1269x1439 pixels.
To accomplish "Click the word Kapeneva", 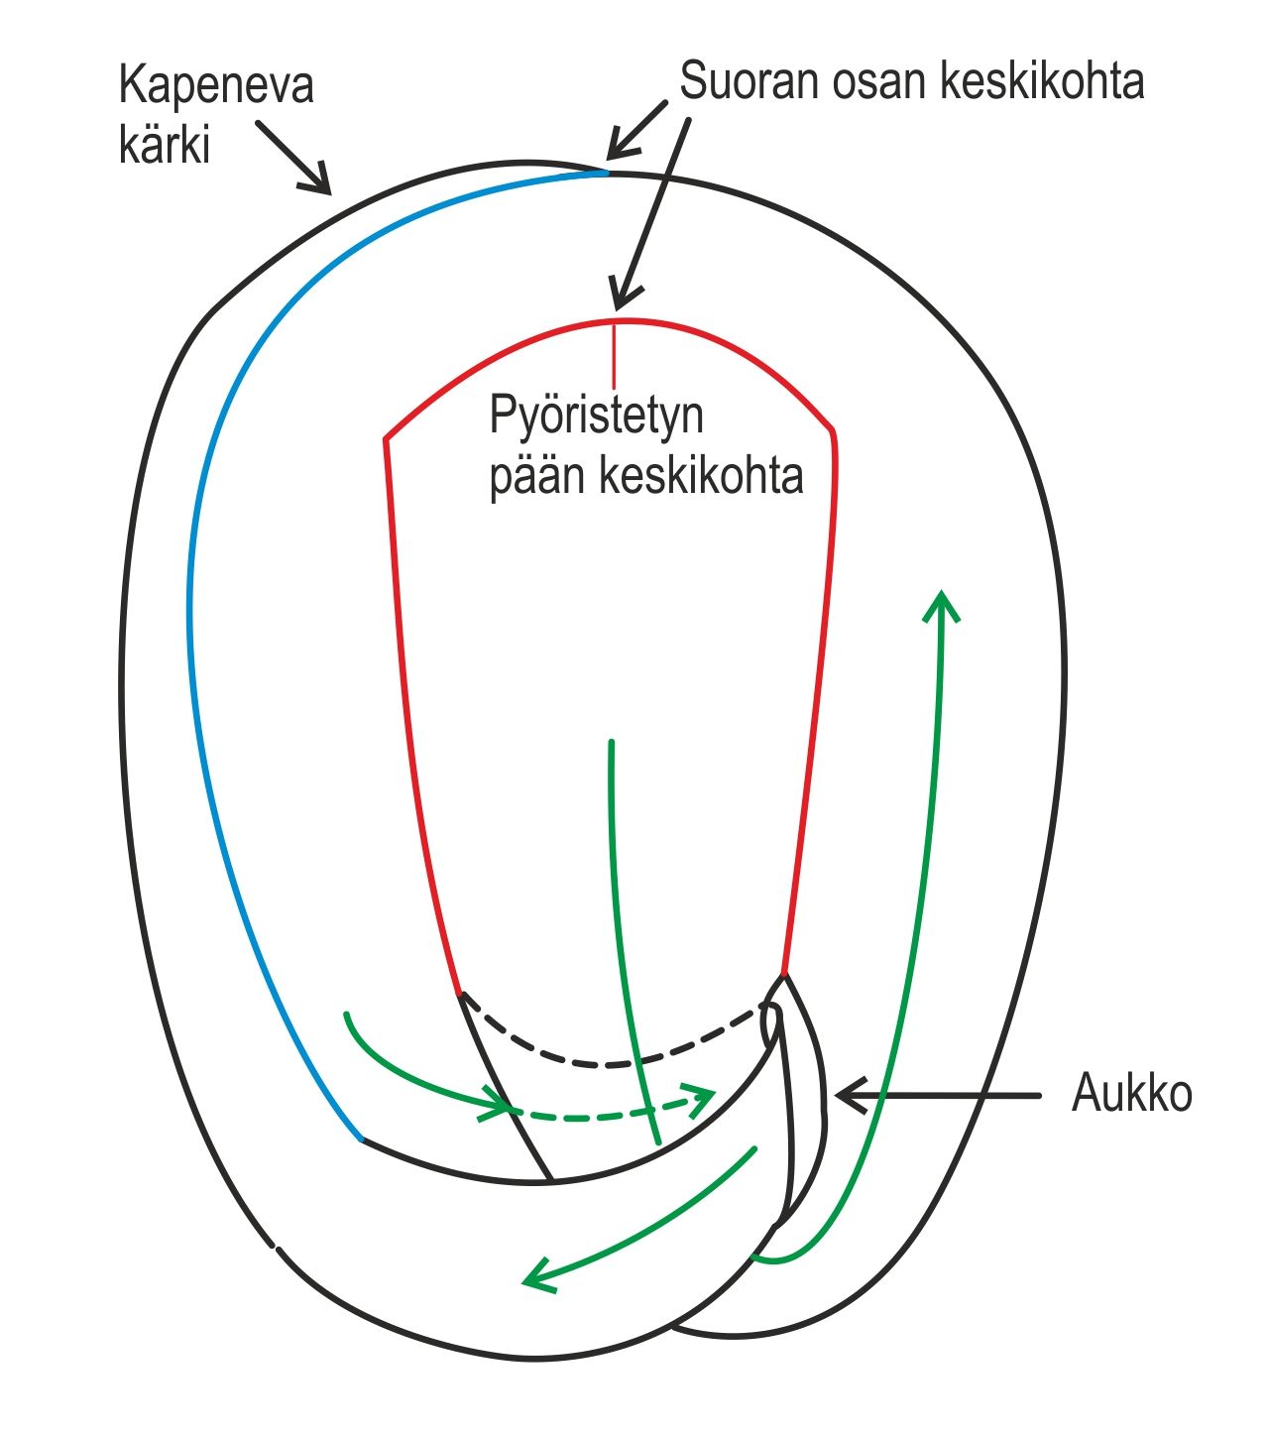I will (216, 85).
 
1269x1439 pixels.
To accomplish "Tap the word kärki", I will (165, 145).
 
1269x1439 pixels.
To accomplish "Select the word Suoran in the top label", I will (750, 81).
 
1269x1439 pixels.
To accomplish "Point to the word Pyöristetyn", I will (597, 416).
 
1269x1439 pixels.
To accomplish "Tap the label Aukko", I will (1131, 1094).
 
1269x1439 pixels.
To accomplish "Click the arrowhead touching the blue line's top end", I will (614, 152).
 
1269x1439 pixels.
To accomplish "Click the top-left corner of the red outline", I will (386, 437).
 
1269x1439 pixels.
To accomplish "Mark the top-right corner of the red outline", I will (833, 431).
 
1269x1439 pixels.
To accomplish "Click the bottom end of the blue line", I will (361, 1139).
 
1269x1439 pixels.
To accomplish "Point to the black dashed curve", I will (605, 1063).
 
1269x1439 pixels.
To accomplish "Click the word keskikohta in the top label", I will (1041, 81).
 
